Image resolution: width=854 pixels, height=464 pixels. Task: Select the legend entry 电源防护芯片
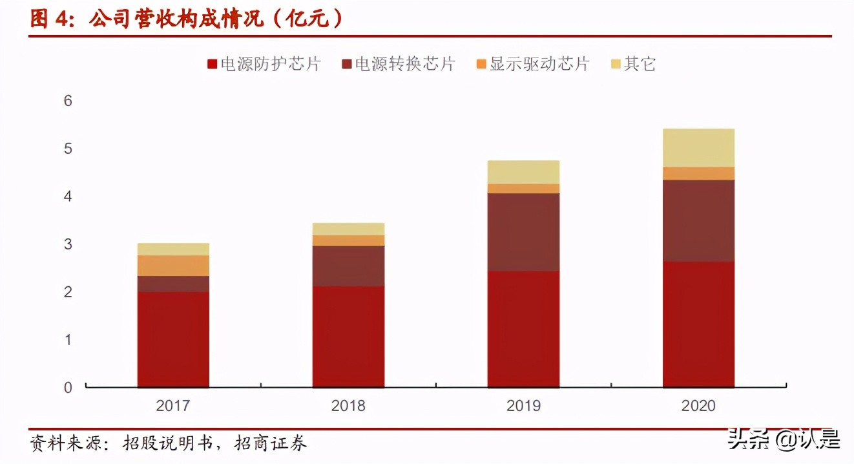pyautogui.click(x=264, y=64)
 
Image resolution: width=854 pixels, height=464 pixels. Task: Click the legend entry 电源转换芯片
pyautogui.click(x=399, y=64)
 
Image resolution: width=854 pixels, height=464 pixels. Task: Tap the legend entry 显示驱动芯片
pyautogui.click(x=533, y=64)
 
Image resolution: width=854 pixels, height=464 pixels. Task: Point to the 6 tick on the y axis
pyautogui.click(x=68, y=101)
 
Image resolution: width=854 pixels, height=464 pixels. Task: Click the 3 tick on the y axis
pyautogui.click(x=68, y=244)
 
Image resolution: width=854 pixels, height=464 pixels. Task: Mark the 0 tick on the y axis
pyautogui.click(x=68, y=388)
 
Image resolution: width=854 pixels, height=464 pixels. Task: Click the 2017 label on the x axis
pyautogui.click(x=173, y=406)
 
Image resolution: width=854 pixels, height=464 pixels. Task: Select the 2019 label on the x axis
pyautogui.click(x=523, y=406)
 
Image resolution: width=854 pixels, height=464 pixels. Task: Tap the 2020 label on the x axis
pyautogui.click(x=698, y=406)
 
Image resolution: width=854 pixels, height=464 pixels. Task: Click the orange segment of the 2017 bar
pyautogui.click(x=173, y=266)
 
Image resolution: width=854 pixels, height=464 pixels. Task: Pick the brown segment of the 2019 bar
pyautogui.click(x=523, y=232)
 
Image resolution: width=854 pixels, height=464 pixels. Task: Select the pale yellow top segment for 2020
pyautogui.click(x=698, y=148)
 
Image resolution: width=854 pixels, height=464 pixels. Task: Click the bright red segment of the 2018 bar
pyautogui.click(x=348, y=337)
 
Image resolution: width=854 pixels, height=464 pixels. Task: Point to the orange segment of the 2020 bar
pyautogui.click(x=698, y=173)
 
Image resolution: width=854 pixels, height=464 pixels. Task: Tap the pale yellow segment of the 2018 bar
pyautogui.click(x=348, y=229)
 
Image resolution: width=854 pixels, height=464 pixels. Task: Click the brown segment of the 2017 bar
pyautogui.click(x=173, y=284)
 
